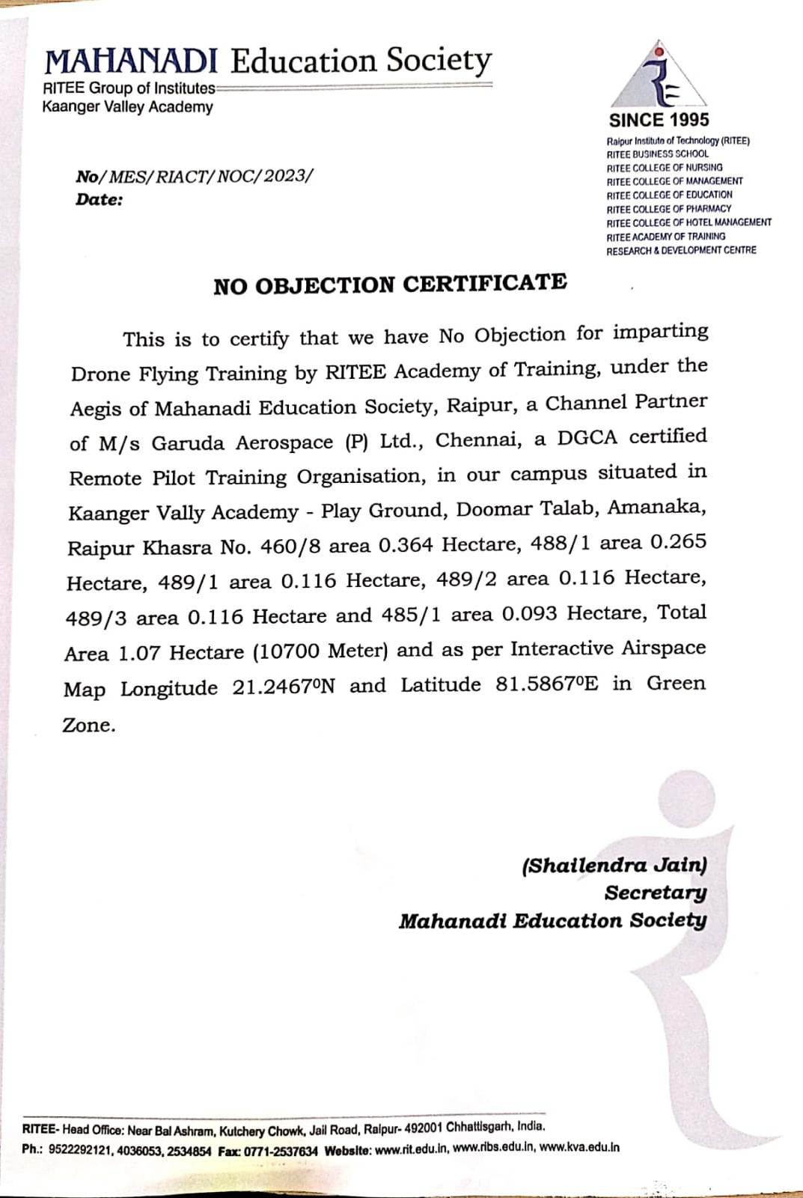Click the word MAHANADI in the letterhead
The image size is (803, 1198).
point(131,62)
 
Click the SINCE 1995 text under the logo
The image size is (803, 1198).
point(659,120)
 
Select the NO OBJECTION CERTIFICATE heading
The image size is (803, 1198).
point(390,285)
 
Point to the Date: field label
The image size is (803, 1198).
point(99,200)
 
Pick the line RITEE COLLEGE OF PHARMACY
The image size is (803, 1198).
point(668,208)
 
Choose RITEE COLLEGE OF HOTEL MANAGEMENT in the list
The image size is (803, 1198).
point(688,222)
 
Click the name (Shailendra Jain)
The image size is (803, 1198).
point(614,866)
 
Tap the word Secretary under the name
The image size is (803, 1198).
point(656,893)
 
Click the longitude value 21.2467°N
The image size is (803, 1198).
point(283,687)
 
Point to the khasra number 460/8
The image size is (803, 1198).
point(290,547)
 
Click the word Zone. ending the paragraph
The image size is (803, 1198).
point(89,725)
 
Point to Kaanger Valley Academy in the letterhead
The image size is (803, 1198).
point(127,107)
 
